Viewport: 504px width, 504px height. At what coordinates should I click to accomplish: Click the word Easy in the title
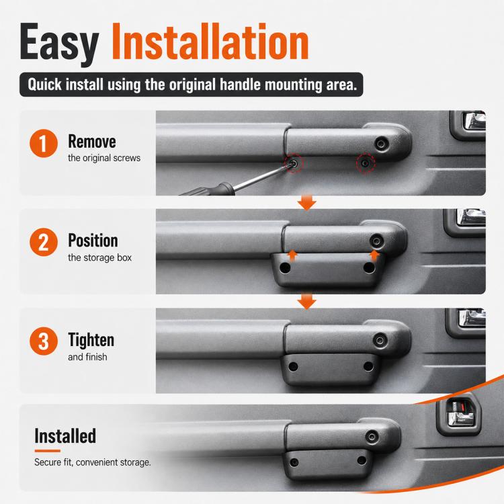tap(59, 44)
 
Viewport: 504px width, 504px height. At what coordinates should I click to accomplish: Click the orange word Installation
tap(210, 41)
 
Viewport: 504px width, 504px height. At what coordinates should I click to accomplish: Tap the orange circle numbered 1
tap(44, 143)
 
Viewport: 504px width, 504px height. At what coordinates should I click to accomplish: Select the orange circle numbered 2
tap(44, 243)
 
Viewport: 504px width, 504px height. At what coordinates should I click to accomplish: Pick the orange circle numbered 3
tap(44, 341)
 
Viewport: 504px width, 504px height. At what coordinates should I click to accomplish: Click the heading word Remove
tap(92, 141)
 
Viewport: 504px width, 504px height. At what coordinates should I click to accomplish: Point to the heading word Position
tap(93, 241)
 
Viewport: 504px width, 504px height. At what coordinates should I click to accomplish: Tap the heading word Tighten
tap(91, 340)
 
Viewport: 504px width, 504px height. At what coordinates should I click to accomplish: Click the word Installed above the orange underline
tap(65, 436)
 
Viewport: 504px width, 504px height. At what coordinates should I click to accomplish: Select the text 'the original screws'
tap(104, 158)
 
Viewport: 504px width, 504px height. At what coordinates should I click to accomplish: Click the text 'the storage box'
tap(99, 258)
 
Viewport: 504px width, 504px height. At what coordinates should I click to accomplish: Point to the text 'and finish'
tap(87, 357)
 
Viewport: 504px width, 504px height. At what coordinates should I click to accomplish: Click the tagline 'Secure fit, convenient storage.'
tap(93, 462)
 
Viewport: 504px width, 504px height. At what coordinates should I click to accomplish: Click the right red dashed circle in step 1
tap(366, 163)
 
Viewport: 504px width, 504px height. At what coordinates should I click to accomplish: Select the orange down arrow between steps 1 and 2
tap(306, 202)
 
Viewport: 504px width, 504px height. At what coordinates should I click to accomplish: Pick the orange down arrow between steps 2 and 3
tap(306, 302)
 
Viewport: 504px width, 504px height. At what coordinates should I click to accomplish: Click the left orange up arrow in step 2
tap(292, 256)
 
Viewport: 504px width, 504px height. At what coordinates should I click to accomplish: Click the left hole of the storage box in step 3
tap(293, 366)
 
